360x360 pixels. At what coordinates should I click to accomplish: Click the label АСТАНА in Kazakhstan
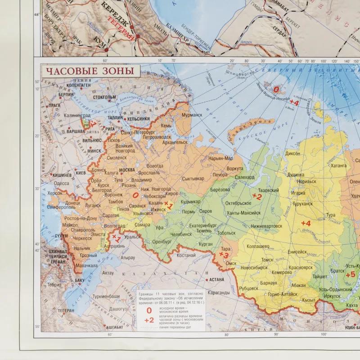coord(216,279)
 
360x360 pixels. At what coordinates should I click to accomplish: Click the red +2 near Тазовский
coord(257,196)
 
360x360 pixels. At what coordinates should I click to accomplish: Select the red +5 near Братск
coord(350,274)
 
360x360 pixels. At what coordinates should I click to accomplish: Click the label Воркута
coord(235,168)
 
